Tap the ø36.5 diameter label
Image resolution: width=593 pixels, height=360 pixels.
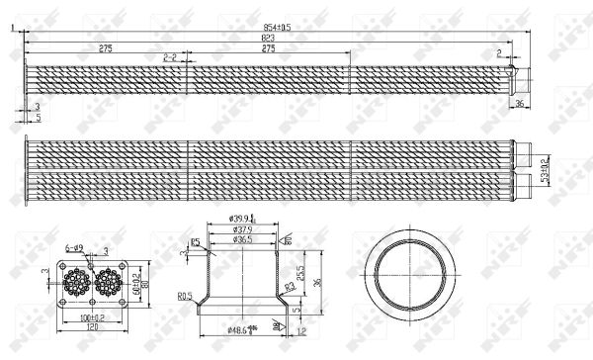242,238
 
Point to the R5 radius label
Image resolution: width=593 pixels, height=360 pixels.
197,240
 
